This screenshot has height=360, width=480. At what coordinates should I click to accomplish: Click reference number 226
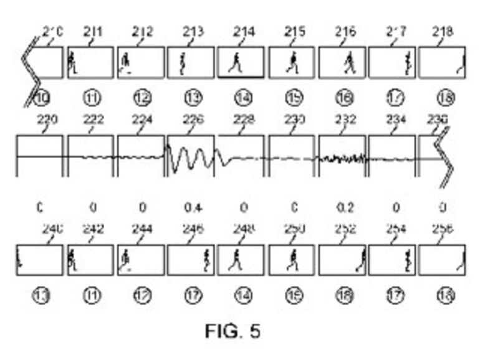[193, 120]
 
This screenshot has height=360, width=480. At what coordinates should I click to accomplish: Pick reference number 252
[345, 230]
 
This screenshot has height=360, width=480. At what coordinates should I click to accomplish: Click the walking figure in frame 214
[236, 63]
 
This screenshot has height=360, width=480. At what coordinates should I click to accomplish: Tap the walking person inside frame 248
[236, 259]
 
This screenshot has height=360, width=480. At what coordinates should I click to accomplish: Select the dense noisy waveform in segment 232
[342, 159]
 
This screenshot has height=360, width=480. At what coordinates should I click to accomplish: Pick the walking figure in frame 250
[291, 259]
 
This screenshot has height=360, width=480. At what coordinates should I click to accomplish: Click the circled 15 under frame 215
[293, 98]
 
